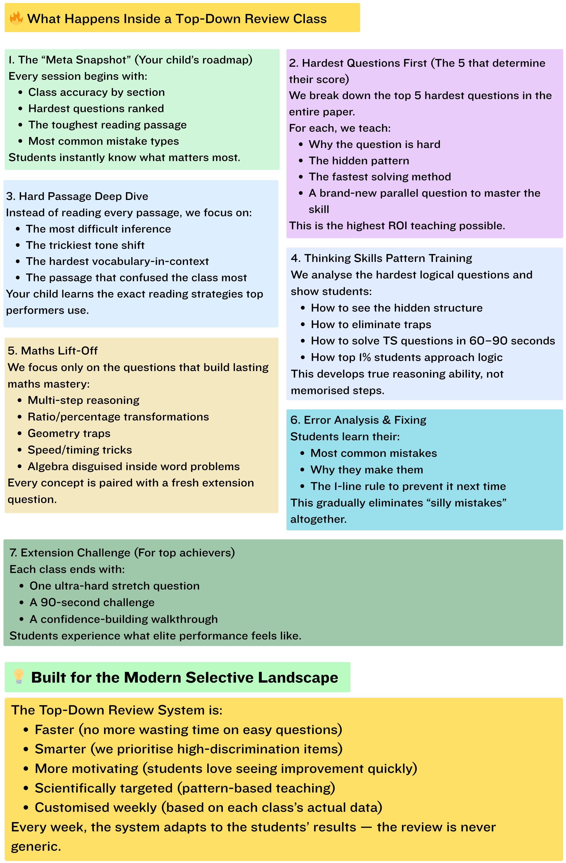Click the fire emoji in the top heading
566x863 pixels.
(16, 18)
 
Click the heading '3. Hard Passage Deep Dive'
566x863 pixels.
(77, 196)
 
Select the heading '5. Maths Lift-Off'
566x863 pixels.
(53, 351)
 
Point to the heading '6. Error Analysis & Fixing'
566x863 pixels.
(358, 420)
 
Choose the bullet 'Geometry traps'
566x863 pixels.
(69, 433)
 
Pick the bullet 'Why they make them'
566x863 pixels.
(366, 470)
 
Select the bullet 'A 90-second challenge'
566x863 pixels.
(92, 602)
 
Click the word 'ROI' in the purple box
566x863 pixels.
(398, 226)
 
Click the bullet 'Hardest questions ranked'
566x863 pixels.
(96, 108)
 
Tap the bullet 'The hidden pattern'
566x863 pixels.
(359, 161)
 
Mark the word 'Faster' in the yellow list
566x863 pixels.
(54, 730)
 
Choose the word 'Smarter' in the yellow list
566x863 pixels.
(60, 749)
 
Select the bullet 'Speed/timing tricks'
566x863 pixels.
(80, 450)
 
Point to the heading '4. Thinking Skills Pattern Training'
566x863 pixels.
(381, 258)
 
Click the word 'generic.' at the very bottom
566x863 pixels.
(36, 846)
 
